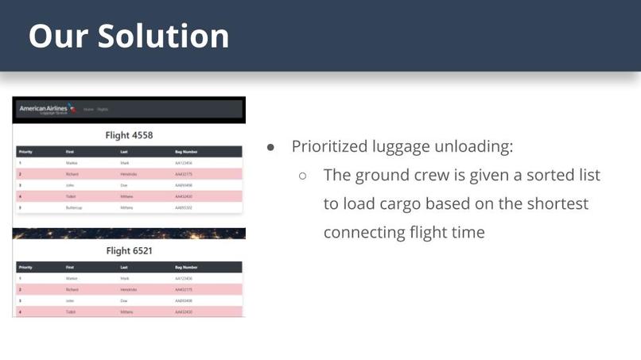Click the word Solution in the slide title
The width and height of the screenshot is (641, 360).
coord(164,36)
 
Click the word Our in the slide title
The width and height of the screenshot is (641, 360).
coord(58,36)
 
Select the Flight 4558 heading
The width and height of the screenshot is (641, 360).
coord(129,135)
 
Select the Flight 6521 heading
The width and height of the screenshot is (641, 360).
coord(129,250)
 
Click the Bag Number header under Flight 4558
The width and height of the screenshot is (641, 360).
coord(186,151)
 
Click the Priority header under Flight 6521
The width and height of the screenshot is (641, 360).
coord(25,267)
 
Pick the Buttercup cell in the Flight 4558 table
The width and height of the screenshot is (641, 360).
coord(76,207)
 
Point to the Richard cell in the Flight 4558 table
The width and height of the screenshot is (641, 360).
coord(72,173)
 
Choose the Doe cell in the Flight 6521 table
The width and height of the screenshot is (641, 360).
coord(123,301)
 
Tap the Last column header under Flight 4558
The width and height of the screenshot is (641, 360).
coord(124,151)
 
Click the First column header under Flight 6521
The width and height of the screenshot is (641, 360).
coord(70,267)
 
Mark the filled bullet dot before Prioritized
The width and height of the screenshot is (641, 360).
coord(271,147)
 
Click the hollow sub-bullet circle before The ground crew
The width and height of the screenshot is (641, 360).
coord(303,176)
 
